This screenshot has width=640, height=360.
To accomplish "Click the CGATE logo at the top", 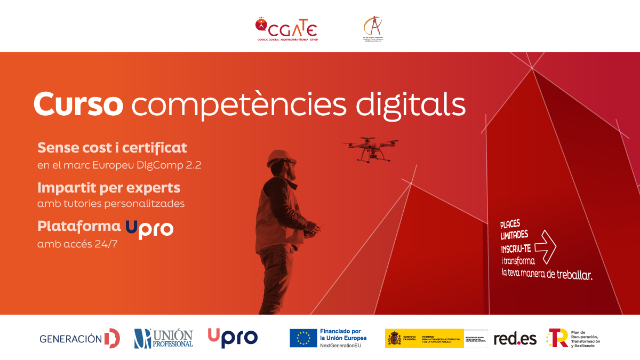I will [x=287, y=29].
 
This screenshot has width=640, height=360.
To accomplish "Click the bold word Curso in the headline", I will [x=78, y=104].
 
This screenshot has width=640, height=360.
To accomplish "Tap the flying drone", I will [x=370, y=148].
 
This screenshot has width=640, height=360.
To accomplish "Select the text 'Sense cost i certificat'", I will [x=112, y=147].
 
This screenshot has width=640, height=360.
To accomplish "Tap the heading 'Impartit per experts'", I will [x=109, y=188].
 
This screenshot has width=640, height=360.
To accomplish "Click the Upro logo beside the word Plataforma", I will [x=149, y=228].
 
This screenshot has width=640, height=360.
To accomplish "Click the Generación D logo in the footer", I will [x=79, y=338].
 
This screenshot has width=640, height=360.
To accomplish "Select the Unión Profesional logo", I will [x=164, y=338].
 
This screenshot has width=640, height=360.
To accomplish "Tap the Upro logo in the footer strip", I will [x=233, y=338].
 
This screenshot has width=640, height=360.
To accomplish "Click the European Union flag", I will [x=303, y=338].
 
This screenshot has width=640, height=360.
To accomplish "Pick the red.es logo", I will [x=515, y=338].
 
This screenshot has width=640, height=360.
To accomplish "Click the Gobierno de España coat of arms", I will [x=395, y=338].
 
